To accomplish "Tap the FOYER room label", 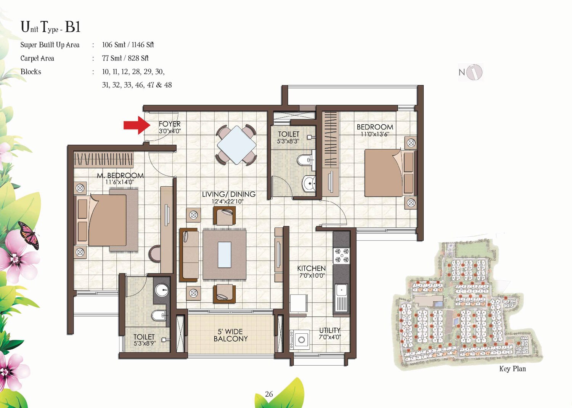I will (170, 124).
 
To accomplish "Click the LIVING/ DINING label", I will (228, 194).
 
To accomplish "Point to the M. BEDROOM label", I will (120, 176).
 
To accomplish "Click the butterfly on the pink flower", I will (29, 234).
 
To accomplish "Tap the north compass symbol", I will (471, 72).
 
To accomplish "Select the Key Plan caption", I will (512, 369).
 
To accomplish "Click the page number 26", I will (269, 394).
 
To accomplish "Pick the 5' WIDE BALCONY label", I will (231, 335).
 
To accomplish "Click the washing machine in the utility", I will (301, 339).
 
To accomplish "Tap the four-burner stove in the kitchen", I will (341, 256).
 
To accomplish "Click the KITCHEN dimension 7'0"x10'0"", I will (312, 275).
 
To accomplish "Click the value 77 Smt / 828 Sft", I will (125, 58).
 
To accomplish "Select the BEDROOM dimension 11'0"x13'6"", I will (374, 134).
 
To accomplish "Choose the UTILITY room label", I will (329, 330).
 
